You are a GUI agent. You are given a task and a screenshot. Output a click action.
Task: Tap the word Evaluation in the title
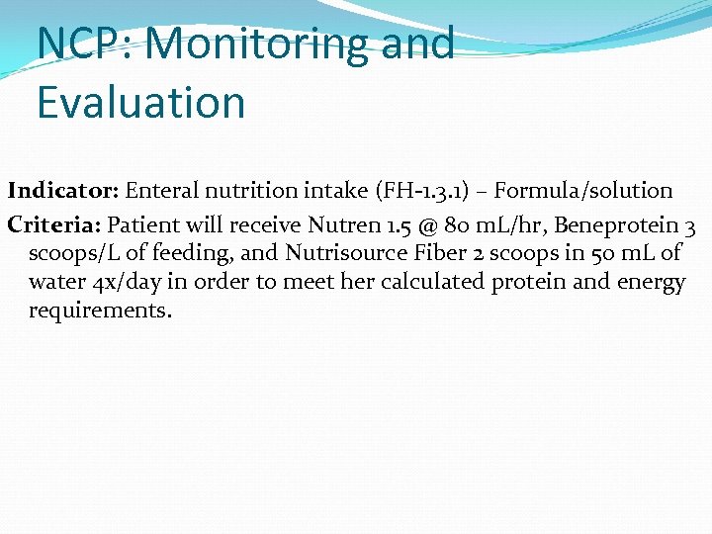141,102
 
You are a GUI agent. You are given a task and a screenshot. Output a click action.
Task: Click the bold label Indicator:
63,190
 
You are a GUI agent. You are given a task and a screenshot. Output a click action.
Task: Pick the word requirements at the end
100,311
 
